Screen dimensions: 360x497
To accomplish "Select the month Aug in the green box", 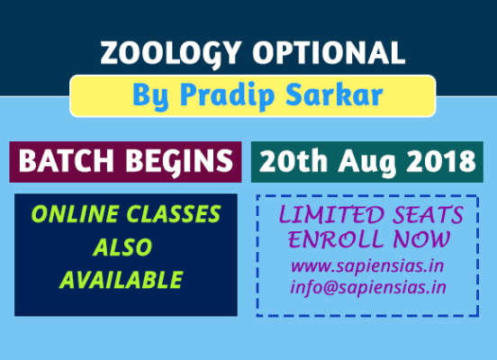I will coord(365,163).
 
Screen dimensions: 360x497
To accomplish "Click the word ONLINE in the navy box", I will coord(68,216).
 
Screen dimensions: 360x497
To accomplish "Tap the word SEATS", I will coord(425,216).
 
